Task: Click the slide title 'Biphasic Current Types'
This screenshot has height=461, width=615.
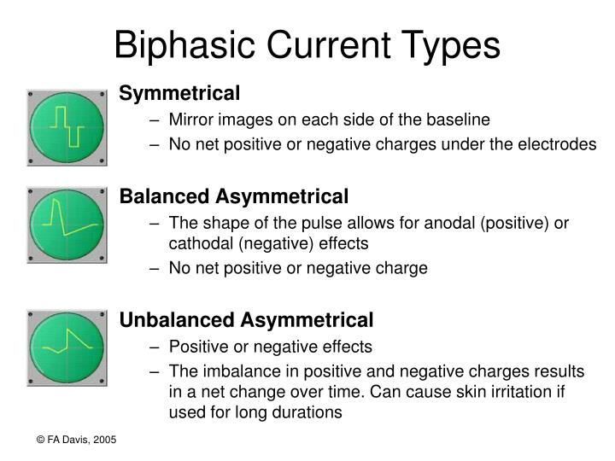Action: [x=307, y=44]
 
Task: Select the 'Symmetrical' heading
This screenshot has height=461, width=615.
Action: [x=179, y=92]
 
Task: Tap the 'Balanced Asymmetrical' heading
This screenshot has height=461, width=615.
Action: [x=234, y=197]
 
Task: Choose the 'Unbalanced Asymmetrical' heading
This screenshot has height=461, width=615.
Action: [x=246, y=320]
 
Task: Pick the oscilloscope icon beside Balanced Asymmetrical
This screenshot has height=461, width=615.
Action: [x=67, y=225]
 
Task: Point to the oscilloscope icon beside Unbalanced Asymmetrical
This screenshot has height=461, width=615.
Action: [x=67, y=348]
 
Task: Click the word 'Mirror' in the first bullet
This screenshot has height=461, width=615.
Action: [x=190, y=120]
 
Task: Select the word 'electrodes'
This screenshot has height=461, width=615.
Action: [x=558, y=144]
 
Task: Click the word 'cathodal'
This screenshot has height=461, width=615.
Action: [x=200, y=243]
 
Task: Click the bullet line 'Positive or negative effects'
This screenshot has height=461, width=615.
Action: [x=270, y=347]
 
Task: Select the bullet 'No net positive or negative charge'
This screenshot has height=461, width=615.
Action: [x=298, y=268]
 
